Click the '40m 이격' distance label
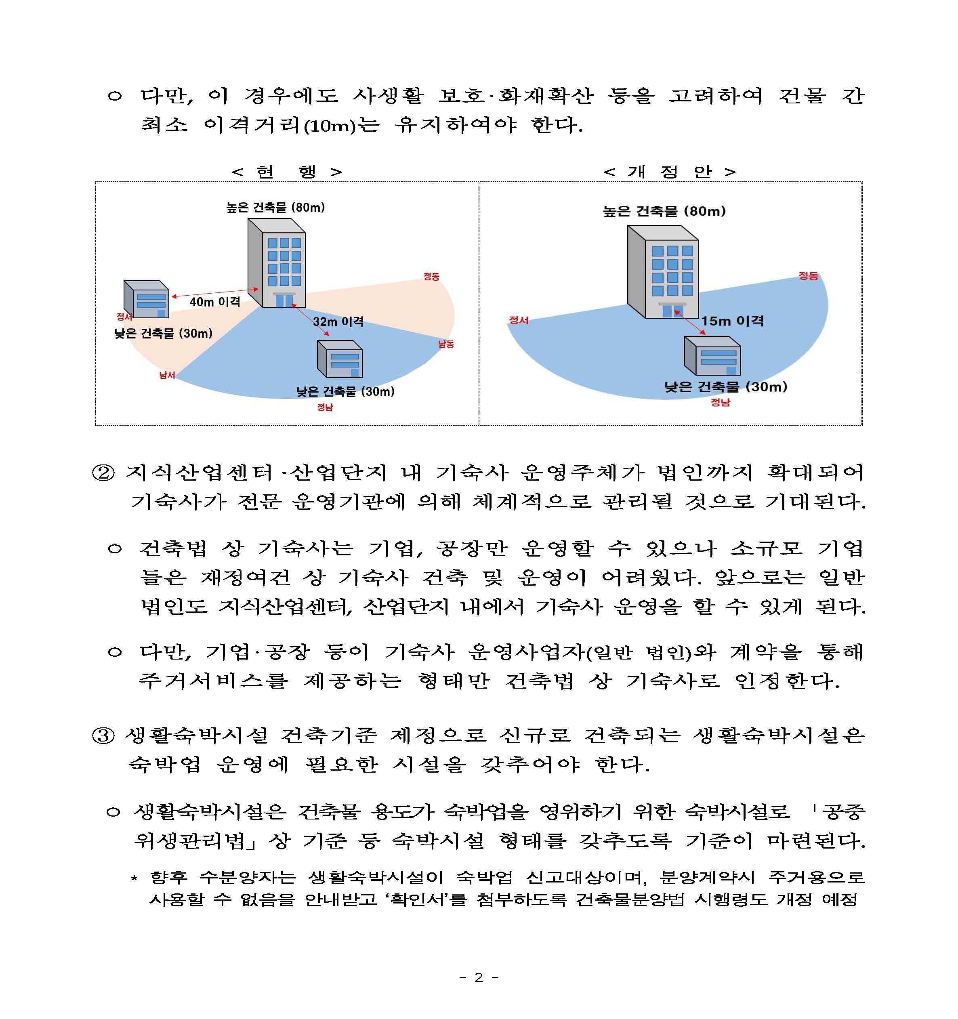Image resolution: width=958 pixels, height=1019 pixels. pos(215,302)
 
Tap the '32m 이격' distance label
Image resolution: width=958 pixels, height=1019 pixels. pos(338,321)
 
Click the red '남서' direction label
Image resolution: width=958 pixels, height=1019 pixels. pos(167,375)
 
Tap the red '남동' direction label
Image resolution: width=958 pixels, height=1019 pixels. pos(446,344)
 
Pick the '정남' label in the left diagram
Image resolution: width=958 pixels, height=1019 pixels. pos(325,407)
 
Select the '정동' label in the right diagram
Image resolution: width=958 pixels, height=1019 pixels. pos(808,276)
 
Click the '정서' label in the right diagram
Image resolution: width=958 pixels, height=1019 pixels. pos(518,320)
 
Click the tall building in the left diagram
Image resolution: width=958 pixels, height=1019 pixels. pos(276,263)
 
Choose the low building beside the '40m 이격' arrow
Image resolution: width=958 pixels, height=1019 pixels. pos(146,299)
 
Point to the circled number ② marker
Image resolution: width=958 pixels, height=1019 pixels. pos(103,473)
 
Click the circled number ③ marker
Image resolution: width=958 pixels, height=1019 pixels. pos(103,736)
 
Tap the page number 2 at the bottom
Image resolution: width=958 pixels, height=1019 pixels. pos(479,977)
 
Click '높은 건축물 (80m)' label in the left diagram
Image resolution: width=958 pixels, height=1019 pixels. pos(276,208)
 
